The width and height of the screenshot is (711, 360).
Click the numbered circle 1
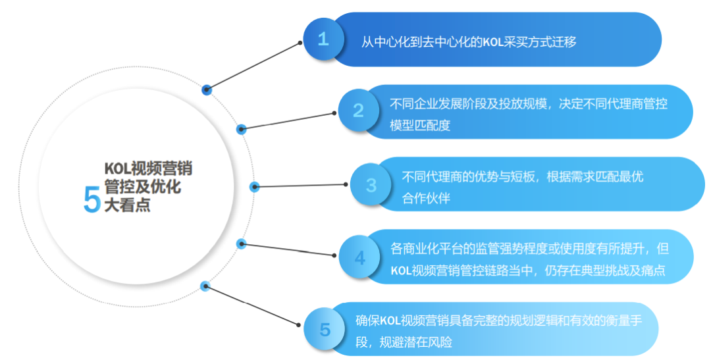(x=323, y=39)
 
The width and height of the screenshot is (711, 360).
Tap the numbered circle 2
(x=359, y=111)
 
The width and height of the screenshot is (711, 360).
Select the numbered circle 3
(x=371, y=185)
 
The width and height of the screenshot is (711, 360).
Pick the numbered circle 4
(x=359, y=257)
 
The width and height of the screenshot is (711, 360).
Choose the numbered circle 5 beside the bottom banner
(x=325, y=329)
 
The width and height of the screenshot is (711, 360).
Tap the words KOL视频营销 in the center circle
(x=148, y=169)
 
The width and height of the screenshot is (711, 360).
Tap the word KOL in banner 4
(x=401, y=270)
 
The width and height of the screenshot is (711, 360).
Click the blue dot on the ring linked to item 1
(x=207, y=89)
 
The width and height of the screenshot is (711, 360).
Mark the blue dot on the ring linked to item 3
(x=254, y=187)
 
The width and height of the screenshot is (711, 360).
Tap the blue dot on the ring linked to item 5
(x=205, y=286)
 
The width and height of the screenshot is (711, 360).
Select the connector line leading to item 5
(x=253, y=306)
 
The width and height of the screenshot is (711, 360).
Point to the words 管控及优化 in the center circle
(x=143, y=188)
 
